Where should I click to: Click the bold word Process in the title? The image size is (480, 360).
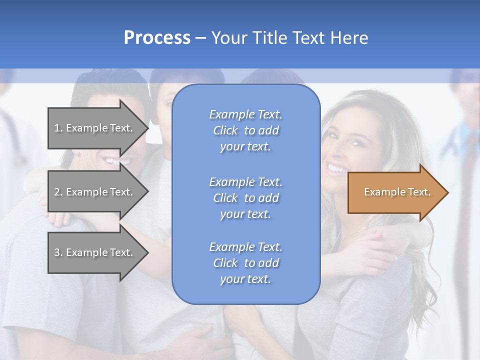click(x=157, y=38)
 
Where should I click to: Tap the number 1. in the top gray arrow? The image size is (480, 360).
click(x=58, y=128)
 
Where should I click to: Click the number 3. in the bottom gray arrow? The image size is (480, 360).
click(x=58, y=252)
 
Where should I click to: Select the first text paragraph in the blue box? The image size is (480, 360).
click(x=245, y=130)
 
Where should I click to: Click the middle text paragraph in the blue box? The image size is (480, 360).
click(x=245, y=198)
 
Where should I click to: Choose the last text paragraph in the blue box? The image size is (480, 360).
click(x=245, y=263)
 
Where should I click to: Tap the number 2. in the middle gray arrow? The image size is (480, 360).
click(x=58, y=192)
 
